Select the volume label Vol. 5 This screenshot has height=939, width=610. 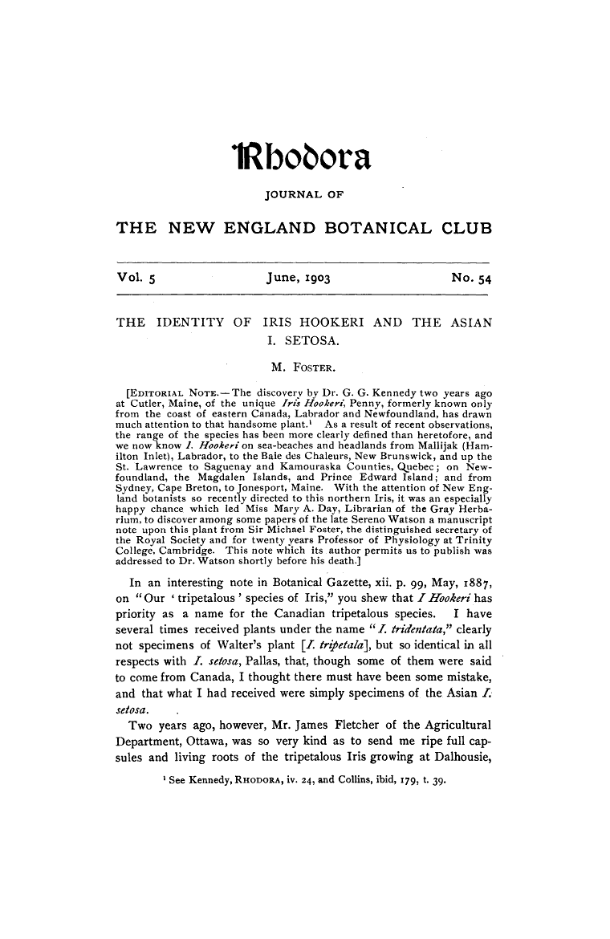(138, 278)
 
